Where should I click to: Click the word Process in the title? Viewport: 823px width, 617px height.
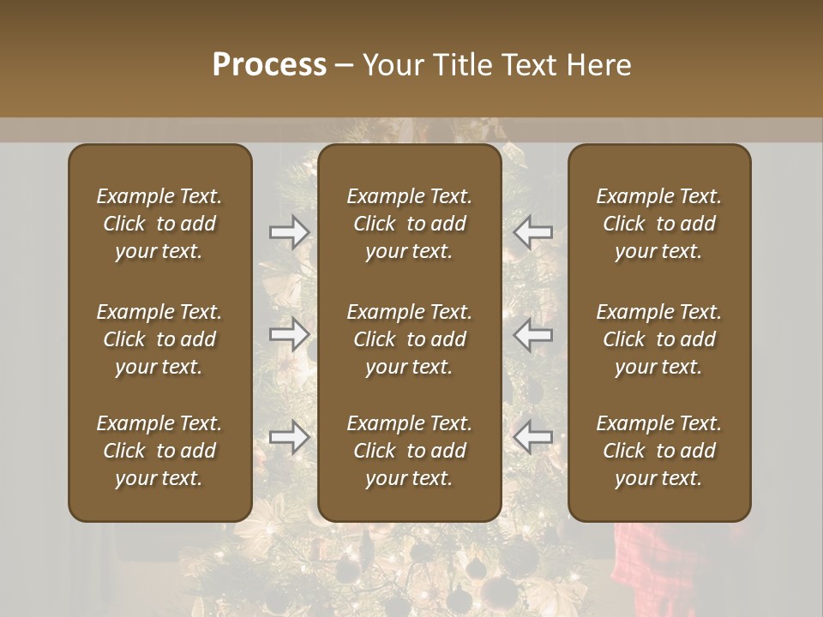pos(269,65)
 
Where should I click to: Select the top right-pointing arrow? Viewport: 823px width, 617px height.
pos(290,232)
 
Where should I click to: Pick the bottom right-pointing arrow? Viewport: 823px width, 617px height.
pos(290,438)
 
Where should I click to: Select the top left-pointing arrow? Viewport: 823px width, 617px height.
pos(533,232)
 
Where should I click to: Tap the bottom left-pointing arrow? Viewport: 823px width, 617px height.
pos(533,438)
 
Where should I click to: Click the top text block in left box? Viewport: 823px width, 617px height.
pos(159,224)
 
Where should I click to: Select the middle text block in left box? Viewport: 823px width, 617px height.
pos(159,339)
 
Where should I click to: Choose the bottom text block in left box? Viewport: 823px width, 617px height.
pos(159,451)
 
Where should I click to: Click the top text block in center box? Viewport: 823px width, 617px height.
pos(409,224)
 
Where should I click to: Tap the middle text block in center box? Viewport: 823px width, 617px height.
pos(409,339)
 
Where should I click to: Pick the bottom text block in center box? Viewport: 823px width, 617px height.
pos(409,451)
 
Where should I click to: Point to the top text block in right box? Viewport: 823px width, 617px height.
pos(659,224)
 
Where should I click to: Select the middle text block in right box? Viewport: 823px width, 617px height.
pos(659,339)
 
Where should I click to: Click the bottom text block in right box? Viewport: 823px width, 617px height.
pos(659,451)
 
